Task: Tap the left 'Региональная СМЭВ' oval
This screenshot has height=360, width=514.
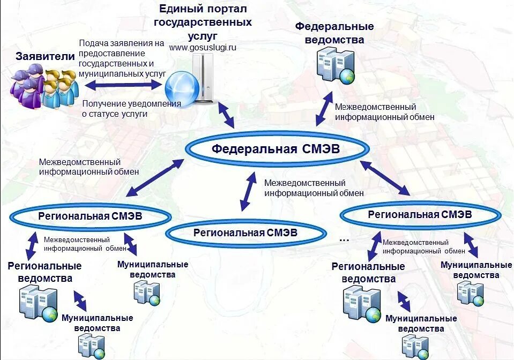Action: pos(90,216)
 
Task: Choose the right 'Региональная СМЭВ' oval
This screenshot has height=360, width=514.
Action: pos(420,214)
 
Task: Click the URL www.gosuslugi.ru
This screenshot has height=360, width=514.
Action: pos(203,48)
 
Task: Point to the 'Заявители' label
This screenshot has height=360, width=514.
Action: pos(38,56)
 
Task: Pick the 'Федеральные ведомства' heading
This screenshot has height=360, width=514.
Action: pos(334,33)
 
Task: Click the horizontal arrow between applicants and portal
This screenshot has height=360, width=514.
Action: pos(123,85)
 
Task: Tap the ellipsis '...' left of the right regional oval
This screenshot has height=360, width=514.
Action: pos(344,239)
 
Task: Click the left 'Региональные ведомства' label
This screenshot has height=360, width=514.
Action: pos(45,272)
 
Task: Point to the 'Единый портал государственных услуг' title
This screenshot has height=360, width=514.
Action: pos(203,23)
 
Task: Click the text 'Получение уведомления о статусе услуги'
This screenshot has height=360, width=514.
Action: pos(131,109)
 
